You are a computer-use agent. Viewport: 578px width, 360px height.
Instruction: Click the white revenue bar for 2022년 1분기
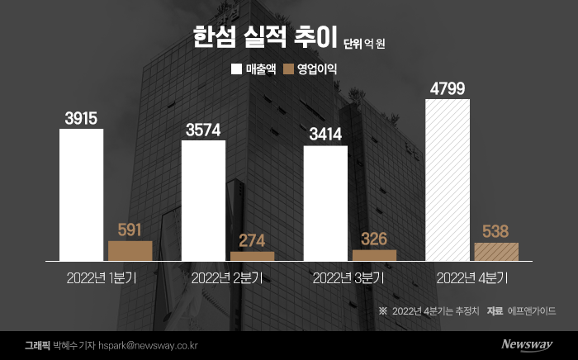[x=81, y=195]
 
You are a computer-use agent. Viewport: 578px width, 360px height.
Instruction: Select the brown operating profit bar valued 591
[x=130, y=251]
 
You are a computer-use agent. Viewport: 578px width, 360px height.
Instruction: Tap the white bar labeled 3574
[x=203, y=201]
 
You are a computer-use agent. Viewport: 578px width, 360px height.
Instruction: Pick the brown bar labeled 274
[x=253, y=256]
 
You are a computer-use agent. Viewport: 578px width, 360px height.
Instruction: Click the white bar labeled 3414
[x=325, y=203]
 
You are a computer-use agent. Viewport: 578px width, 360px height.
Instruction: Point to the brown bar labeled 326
[x=374, y=255]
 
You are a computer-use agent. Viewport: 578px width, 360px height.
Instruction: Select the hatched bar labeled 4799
[x=447, y=180]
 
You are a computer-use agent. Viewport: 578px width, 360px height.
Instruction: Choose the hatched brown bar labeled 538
[x=496, y=252]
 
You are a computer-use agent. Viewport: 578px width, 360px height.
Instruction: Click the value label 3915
[x=81, y=118]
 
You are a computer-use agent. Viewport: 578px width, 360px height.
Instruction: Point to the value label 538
[x=496, y=232]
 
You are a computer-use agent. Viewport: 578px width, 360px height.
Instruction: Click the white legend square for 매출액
[x=237, y=69]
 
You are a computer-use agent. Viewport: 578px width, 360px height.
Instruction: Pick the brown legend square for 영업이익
[x=289, y=69]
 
